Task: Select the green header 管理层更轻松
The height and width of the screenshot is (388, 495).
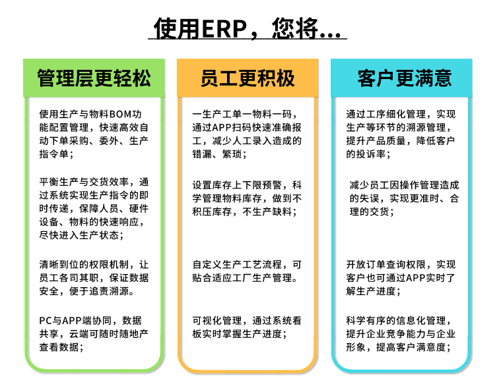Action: pos(94,78)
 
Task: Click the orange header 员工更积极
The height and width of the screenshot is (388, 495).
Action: pos(247,78)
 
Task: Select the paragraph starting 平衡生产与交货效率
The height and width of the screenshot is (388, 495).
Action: pos(94,208)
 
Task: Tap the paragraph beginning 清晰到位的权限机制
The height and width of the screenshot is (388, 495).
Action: pos(94,277)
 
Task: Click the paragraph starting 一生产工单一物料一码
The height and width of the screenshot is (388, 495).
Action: pos(247,134)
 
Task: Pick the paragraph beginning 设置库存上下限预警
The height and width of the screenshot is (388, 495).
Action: pos(247,198)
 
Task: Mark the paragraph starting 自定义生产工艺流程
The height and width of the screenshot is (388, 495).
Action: pos(247,271)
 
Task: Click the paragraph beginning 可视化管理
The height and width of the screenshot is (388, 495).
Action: pos(247,327)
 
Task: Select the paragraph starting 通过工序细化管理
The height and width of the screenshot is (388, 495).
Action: pos(401,134)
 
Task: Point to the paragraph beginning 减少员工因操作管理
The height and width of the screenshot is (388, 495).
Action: pos(404,198)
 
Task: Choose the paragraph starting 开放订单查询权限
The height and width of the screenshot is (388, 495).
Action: pos(401,277)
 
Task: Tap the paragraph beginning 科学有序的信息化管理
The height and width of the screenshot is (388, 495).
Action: pos(401,334)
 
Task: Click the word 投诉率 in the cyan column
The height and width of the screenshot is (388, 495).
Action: pos(371,153)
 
